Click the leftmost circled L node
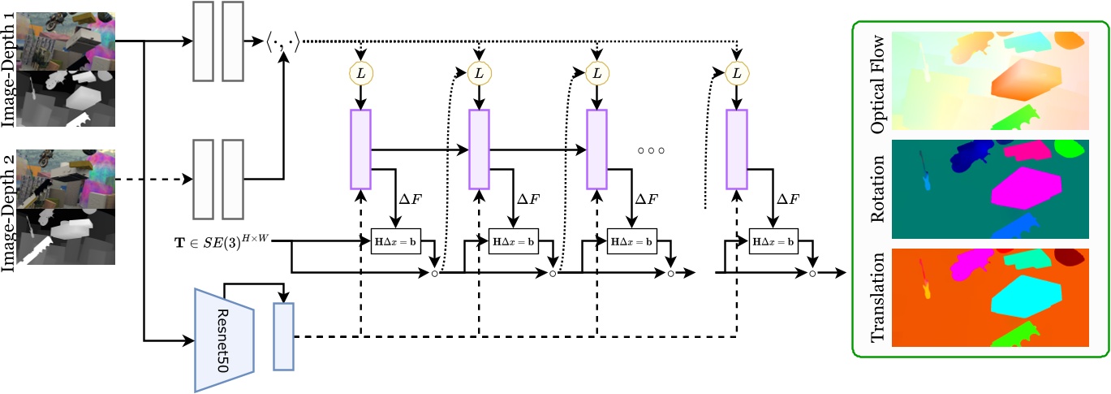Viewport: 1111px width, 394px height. (x=360, y=73)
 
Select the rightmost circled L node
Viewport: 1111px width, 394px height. (x=736, y=73)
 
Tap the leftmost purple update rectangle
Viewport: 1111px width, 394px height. (x=360, y=139)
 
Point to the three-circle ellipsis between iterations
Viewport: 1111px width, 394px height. (x=651, y=150)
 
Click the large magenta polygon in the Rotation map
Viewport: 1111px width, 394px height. (x=1026, y=194)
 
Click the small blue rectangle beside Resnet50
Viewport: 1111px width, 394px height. (x=283, y=336)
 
